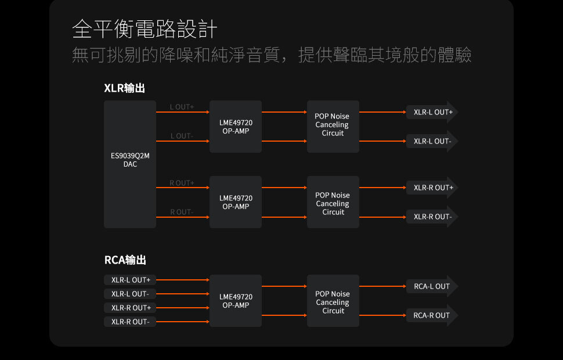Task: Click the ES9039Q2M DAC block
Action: [x=130, y=164]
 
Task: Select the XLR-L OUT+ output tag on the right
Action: [x=432, y=112]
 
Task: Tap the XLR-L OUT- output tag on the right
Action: [x=432, y=141]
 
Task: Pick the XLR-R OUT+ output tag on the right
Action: [x=432, y=188]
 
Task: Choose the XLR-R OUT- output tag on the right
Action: [x=432, y=217]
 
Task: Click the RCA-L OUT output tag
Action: [x=432, y=286]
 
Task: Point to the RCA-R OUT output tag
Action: [x=432, y=315]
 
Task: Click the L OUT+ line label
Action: [x=182, y=107]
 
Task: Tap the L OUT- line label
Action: [x=182, y=136]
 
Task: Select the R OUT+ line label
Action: [x=182, y=183]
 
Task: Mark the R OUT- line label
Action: [x=182, y=212]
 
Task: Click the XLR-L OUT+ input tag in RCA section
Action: [x=130, y=280]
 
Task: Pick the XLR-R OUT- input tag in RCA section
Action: [x=130, y=322]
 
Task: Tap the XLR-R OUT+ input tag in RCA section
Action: [x=130, y=308]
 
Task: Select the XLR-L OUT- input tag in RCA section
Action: [x=130, y=294]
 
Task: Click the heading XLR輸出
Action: [x=124, y=88]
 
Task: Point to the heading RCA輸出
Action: [x=125, y=260]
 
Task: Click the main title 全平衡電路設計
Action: [x=145, y=29]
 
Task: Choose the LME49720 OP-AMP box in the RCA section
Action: [x=236, y=301]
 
